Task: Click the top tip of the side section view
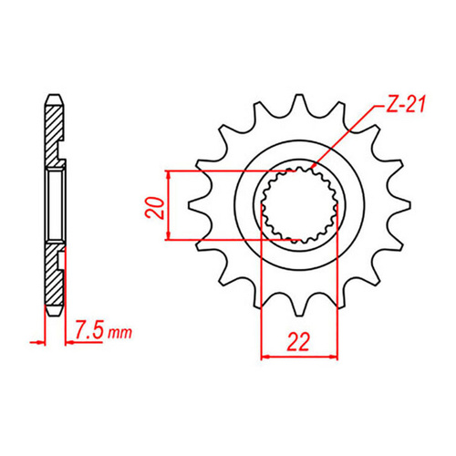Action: pyautogui.click(x=54, y=95)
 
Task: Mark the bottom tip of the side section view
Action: pyautogui.click(x=54, y=316)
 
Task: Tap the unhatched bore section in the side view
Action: pyautogui.click(x=57, y=205)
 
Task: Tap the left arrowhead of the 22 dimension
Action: pyautogui.click(x=267, y=357)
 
